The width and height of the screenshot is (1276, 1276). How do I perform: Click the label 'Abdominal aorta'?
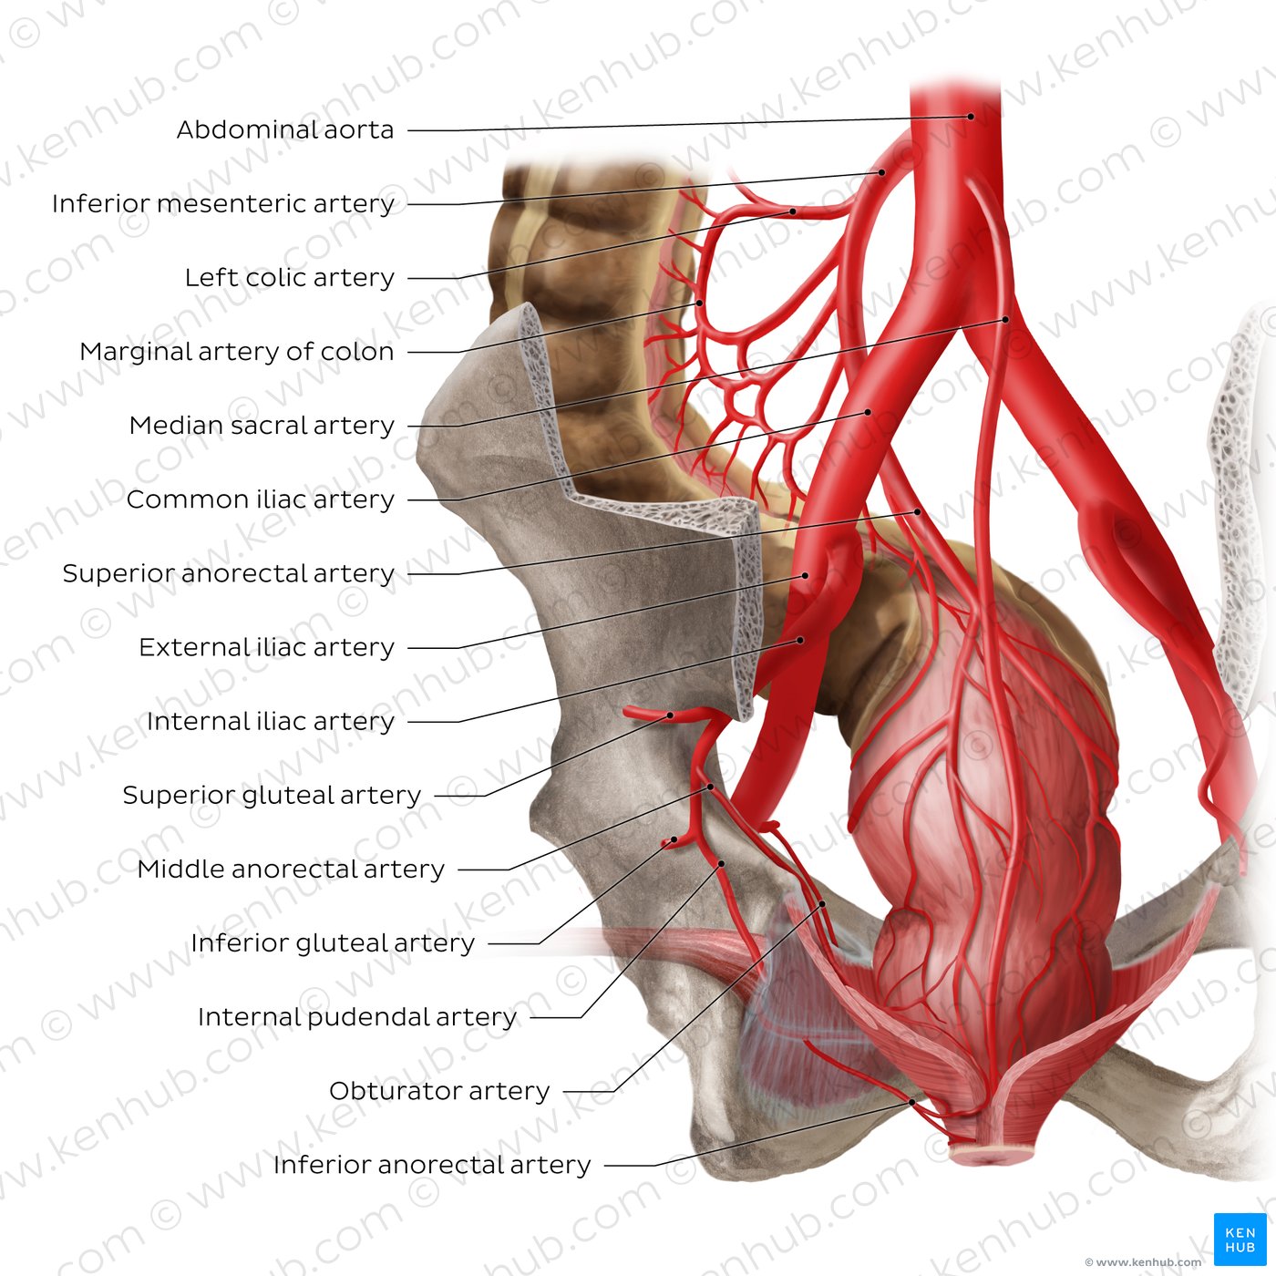[284, 129]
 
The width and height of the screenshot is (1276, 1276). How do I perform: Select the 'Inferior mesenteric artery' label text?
[223, 204]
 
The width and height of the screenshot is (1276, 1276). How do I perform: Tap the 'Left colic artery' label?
[289, 277]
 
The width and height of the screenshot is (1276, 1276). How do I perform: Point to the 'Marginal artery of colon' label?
[237, 352]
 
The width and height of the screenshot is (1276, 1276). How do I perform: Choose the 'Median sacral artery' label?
[262, 425]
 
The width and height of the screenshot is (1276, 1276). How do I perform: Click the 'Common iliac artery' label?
[261, 499]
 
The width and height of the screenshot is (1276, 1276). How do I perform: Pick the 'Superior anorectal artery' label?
[229, 573]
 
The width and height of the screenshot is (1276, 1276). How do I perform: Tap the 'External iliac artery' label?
[267, 647]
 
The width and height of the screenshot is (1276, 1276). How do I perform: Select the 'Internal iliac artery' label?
[271, 721]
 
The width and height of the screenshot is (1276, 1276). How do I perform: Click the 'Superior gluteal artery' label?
[273, 796]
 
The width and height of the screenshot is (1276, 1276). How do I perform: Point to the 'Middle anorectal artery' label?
[291, 869]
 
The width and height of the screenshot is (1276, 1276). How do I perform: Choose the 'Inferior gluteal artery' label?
[333, 943]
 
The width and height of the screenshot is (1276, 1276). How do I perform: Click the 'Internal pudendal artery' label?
[357, 1017]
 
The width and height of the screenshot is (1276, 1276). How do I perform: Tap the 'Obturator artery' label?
[439, 1091]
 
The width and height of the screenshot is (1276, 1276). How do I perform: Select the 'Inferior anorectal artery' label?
[432, 1165]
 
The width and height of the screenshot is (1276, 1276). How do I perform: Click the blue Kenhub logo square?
[1240, 1240]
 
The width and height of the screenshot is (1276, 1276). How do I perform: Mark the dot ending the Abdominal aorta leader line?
[971, 117]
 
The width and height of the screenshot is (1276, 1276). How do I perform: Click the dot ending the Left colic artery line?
[793, 211]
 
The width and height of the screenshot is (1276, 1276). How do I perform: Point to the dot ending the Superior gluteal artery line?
[670, 715]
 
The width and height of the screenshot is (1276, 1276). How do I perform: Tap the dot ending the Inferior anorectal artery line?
[911, 1103]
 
